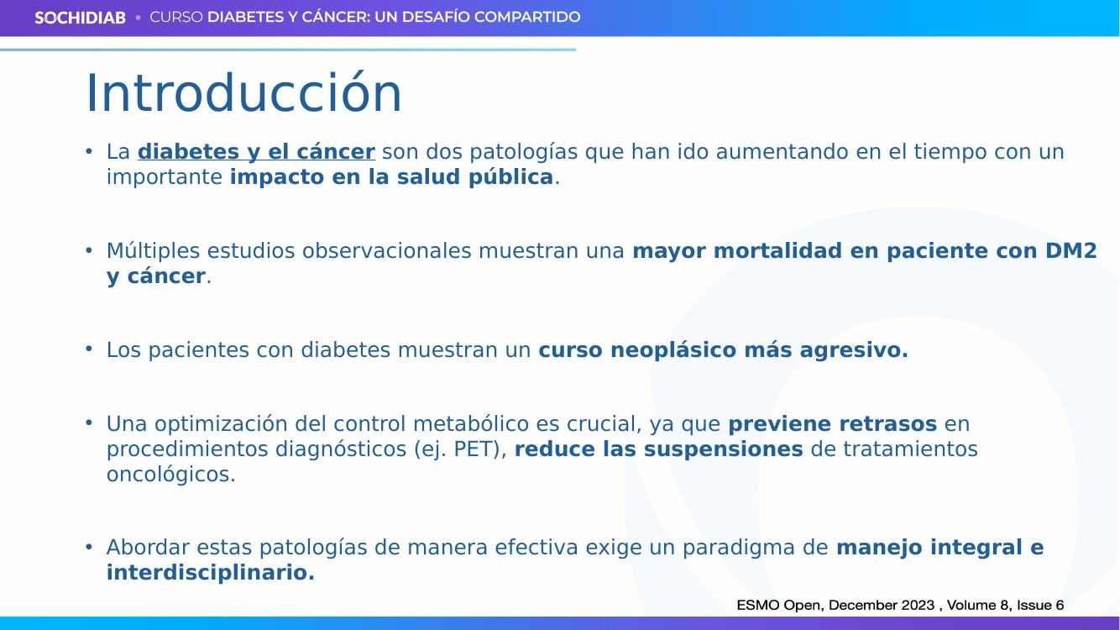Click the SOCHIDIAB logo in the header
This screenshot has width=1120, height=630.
pos(80,18)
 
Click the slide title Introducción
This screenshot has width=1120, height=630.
pos(244,93)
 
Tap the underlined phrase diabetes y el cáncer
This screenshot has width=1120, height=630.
pos(256,152)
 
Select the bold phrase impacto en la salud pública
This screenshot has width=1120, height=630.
pos(391,176)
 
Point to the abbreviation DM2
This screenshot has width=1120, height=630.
pos(1071,250)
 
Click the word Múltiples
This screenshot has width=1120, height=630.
pos(153,250)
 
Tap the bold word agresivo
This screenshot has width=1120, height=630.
pos(854,350)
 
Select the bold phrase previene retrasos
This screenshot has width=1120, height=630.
pos(833,424)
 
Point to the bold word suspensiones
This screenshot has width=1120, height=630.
pos(723,449)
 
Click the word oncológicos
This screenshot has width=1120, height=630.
pos(170,475)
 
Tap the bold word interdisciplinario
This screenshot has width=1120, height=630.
pos(211,572)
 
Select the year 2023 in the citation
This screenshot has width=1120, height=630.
pos(918,606)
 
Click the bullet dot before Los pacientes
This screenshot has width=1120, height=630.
pos(89,349)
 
